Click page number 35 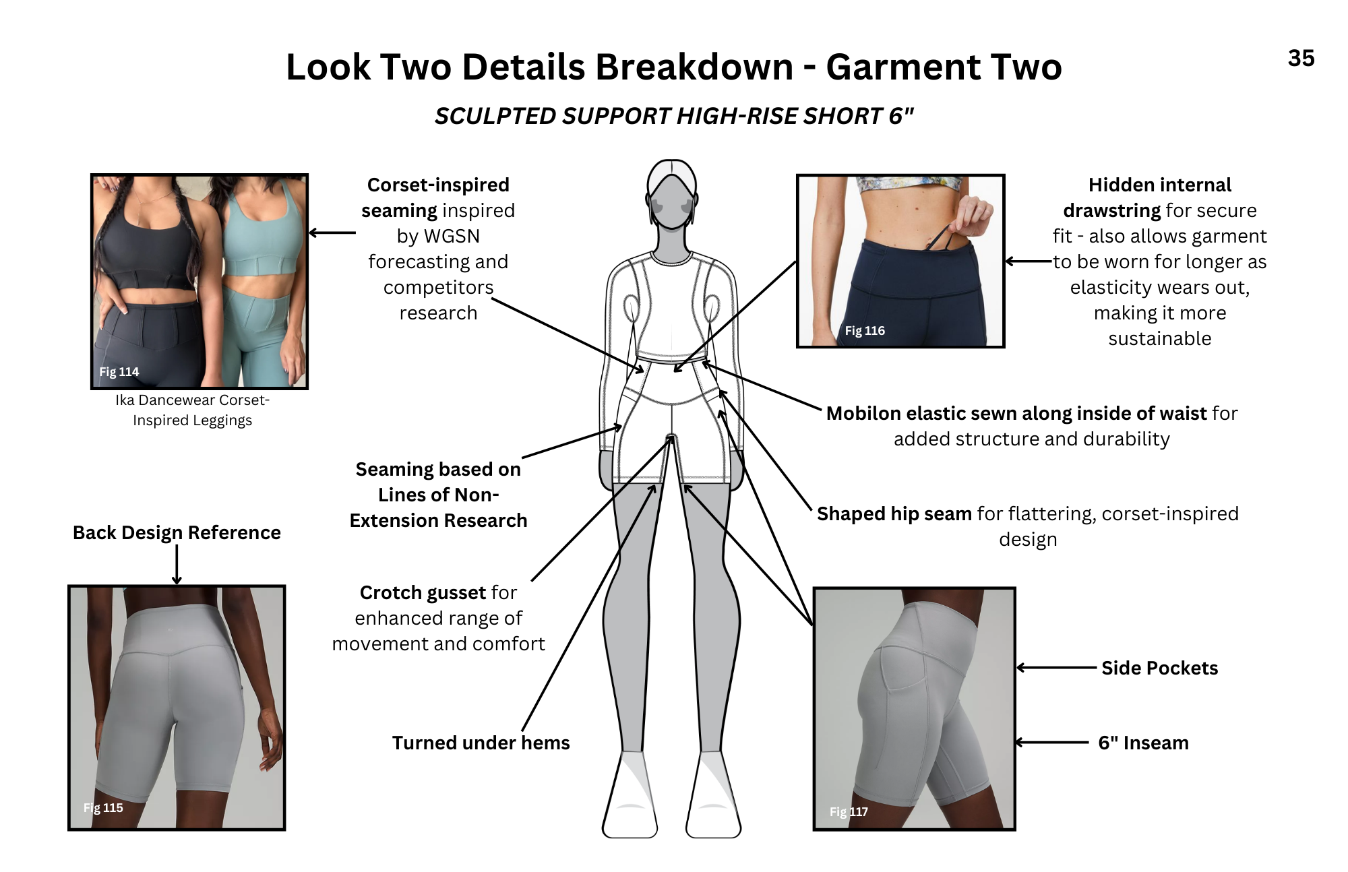1301,59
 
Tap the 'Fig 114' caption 119,371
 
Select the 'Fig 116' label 865,330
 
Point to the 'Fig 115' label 103,807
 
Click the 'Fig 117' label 849,811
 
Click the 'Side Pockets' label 1159,668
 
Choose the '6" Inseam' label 1143,743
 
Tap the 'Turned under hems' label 481,743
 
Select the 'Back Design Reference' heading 177,532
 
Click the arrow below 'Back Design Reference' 177,565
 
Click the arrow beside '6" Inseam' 1052,743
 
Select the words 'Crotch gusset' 423,592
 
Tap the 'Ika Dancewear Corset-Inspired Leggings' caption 192,410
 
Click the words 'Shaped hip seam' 894,513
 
